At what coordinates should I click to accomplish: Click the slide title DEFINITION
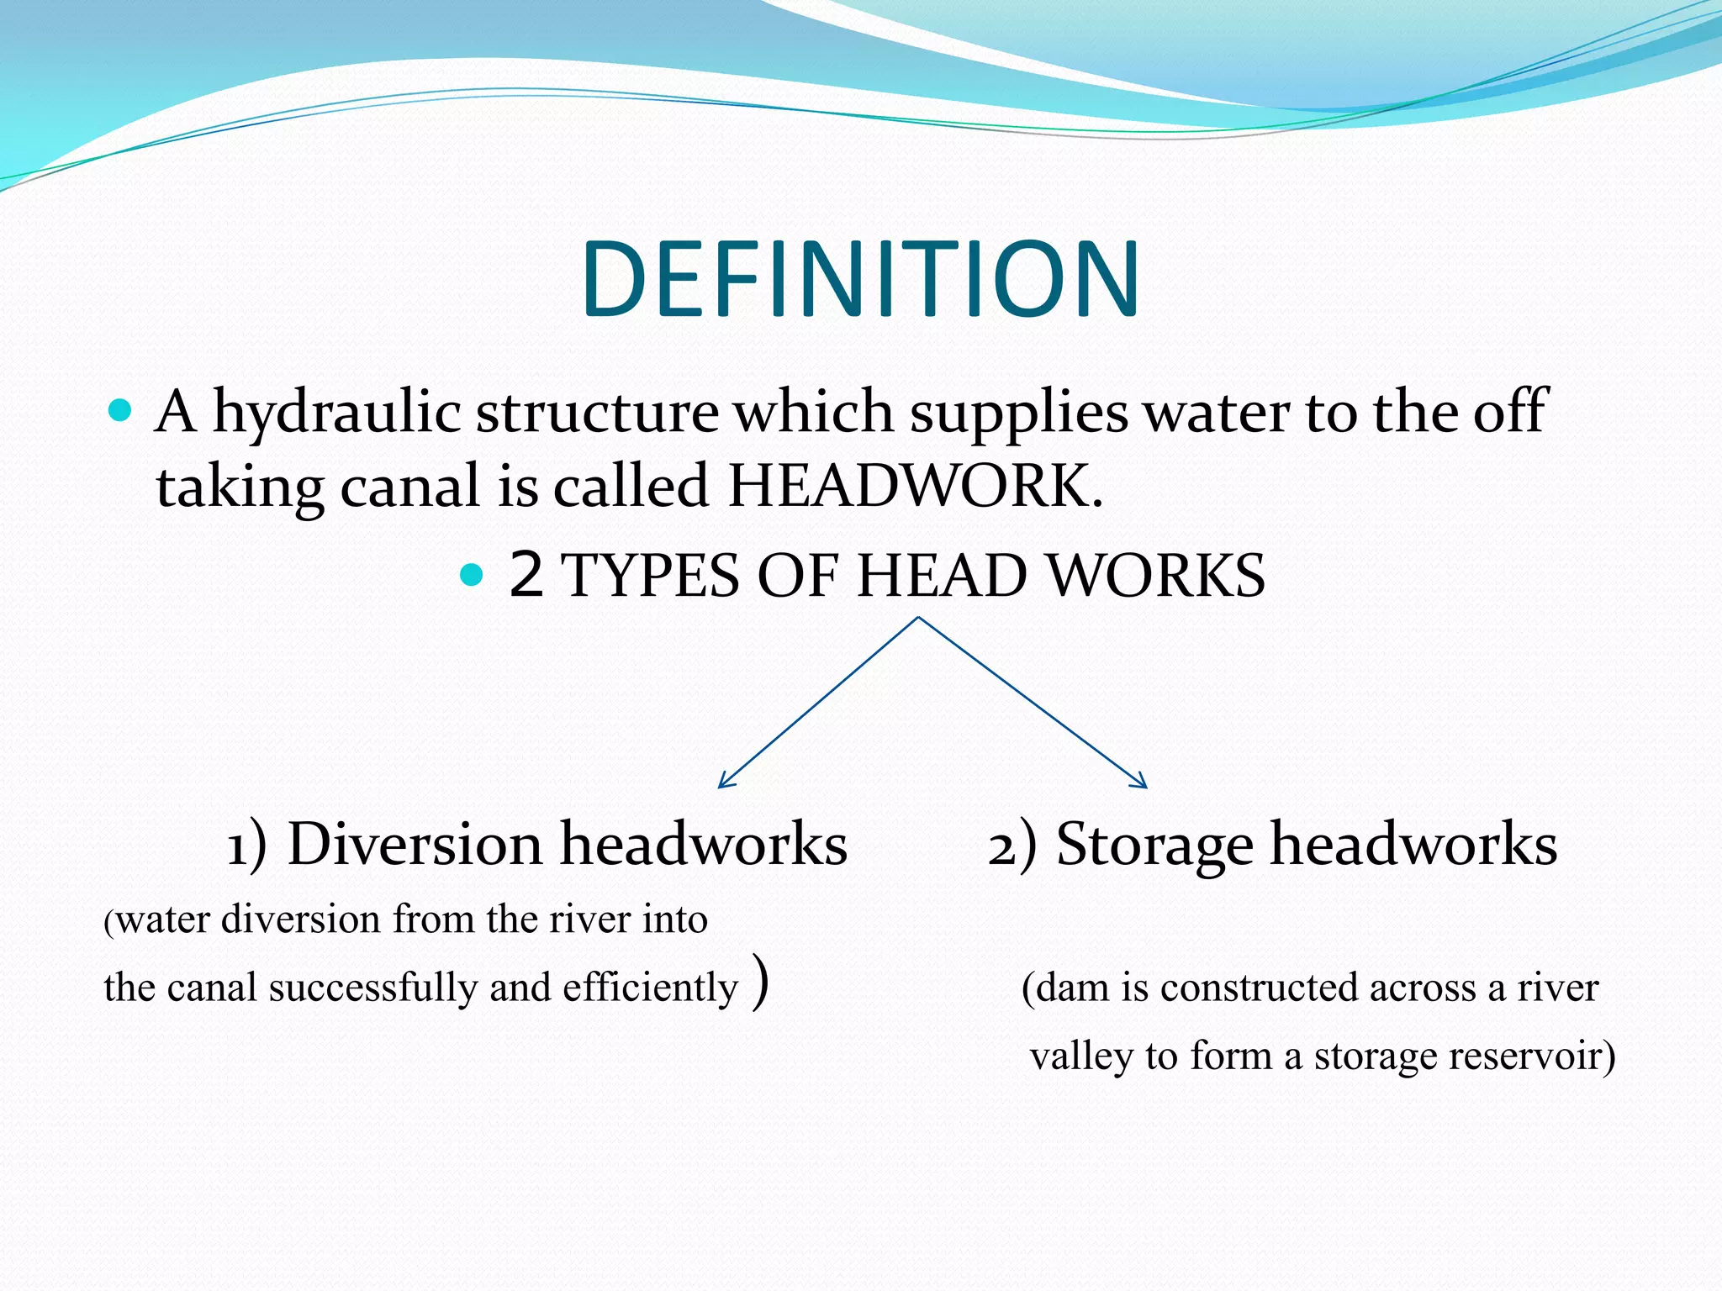(x=859, y=280)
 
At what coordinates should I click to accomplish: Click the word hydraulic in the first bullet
(x=336, y=413)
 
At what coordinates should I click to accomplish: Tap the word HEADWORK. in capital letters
(x=915, y=487)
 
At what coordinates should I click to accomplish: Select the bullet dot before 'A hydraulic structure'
(x=121, y=412)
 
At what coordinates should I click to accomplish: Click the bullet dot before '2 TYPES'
(x=473, y=576)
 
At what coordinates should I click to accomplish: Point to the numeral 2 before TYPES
(x=526, y=576)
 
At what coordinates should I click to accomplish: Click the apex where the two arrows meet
(x=918, y=619)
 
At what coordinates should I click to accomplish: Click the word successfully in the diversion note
(x=372, y=988)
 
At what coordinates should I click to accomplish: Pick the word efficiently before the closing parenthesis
(x=649, y=988)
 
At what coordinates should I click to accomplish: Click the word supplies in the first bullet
(x=1018, y=413)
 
